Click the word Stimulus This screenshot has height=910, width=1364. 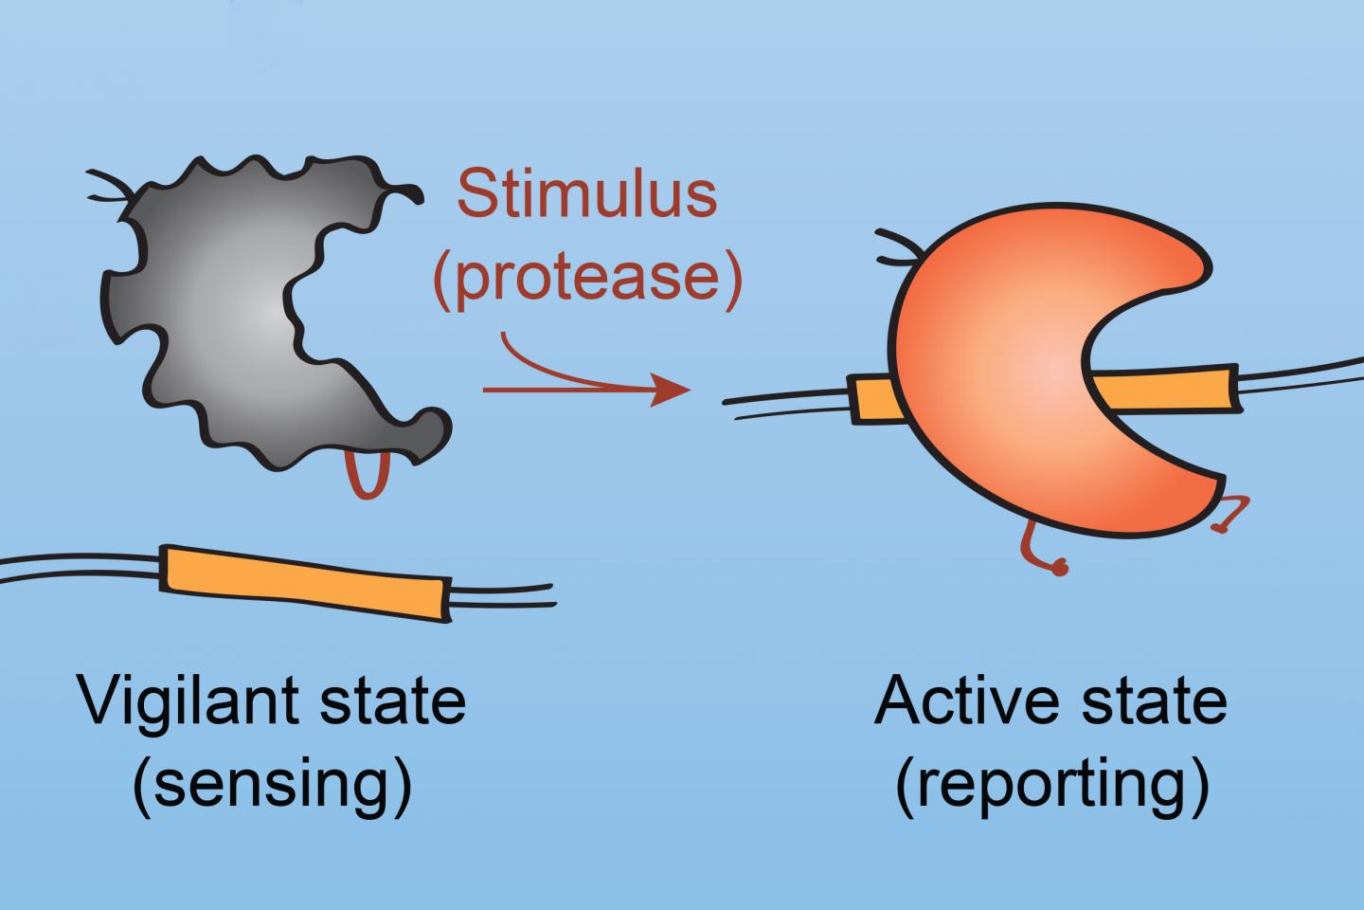[586, 194]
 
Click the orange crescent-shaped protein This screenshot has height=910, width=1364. [1004, 379]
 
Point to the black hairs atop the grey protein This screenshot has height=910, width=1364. [109, 185]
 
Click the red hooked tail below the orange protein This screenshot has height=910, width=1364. [1042, 555]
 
